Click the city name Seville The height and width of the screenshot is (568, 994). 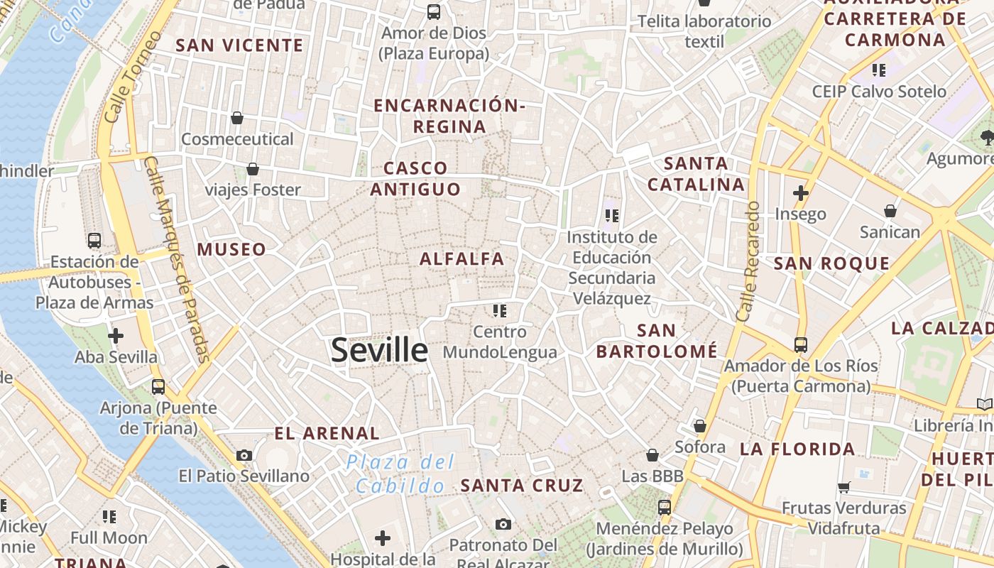pos(380,350)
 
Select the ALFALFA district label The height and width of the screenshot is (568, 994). pos(461,259)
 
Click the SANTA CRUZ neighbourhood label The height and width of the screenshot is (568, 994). pos(522,486)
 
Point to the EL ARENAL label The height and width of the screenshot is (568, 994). pos(327,433)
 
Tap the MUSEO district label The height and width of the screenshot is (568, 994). pos(231,250)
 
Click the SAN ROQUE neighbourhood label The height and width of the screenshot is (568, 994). pos(831,264)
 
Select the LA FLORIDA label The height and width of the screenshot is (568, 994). pos(797,449)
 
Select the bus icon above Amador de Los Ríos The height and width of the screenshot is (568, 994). pos(801,345)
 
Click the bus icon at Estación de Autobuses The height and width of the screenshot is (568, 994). pos(94,241)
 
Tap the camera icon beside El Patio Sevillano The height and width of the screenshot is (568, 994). pos(244,455)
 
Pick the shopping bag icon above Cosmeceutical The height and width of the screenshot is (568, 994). pos(237,118)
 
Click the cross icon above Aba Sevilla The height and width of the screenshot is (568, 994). pos(116,336)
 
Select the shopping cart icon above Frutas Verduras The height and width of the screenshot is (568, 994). pos(844,487)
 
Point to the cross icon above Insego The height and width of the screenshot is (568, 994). pos(801,192)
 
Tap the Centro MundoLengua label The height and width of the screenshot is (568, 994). pos(500,342)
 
